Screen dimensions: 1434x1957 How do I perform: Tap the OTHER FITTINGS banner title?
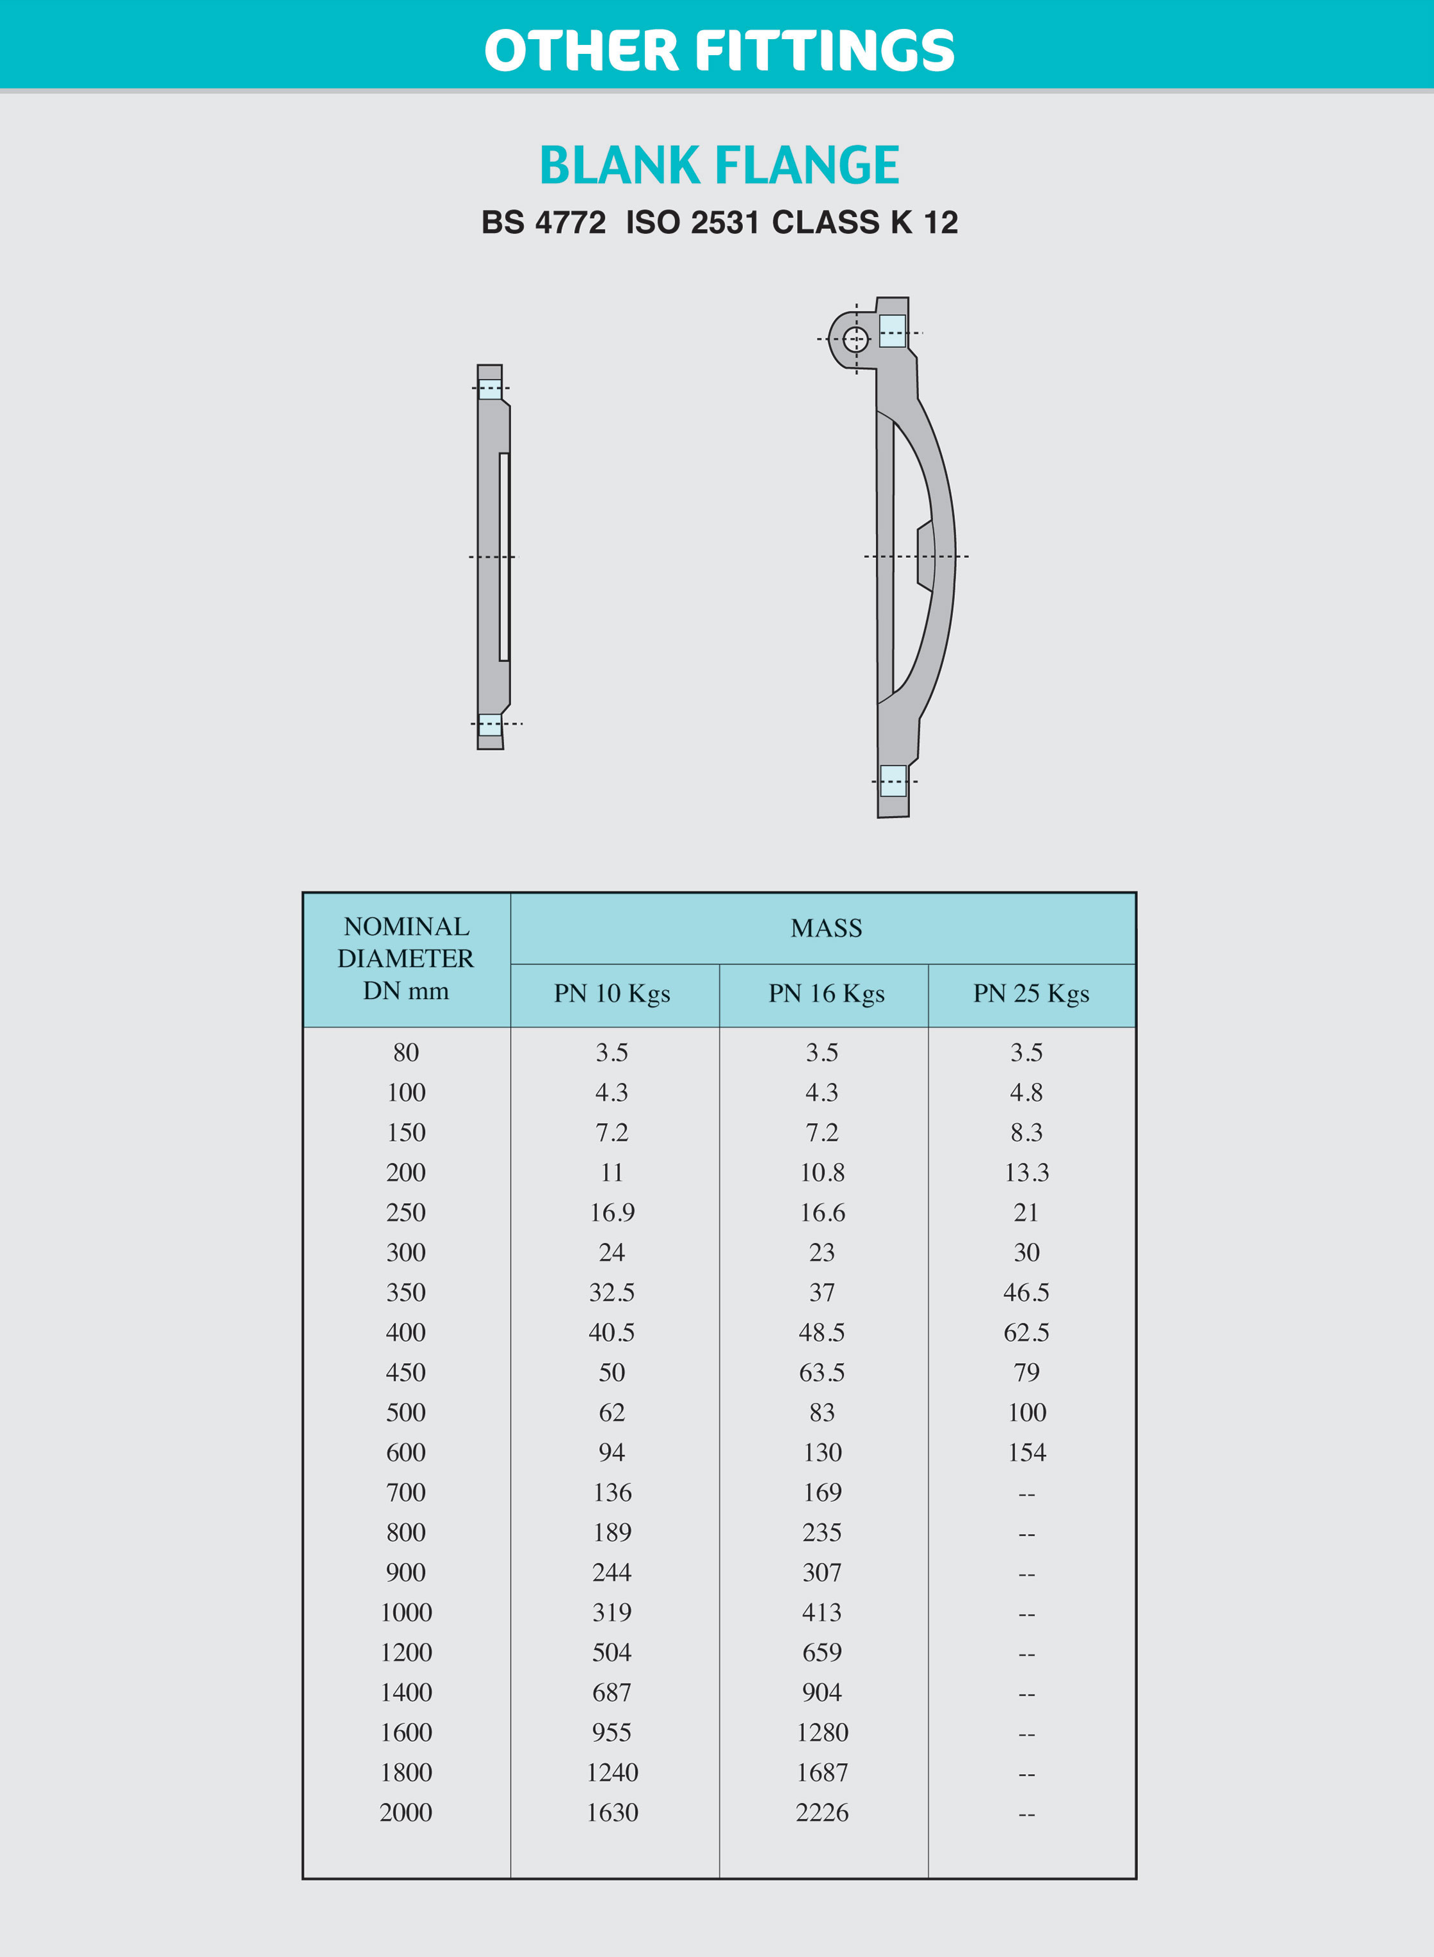(720, 50)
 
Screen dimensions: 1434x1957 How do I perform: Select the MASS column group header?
(826, 928)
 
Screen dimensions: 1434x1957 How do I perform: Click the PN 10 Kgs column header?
(612, 994)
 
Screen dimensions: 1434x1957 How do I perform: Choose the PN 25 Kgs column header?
(1031, 994)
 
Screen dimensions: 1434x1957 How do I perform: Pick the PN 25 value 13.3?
(1027, 1172)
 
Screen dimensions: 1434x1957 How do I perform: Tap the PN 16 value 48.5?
(821, 1332)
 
